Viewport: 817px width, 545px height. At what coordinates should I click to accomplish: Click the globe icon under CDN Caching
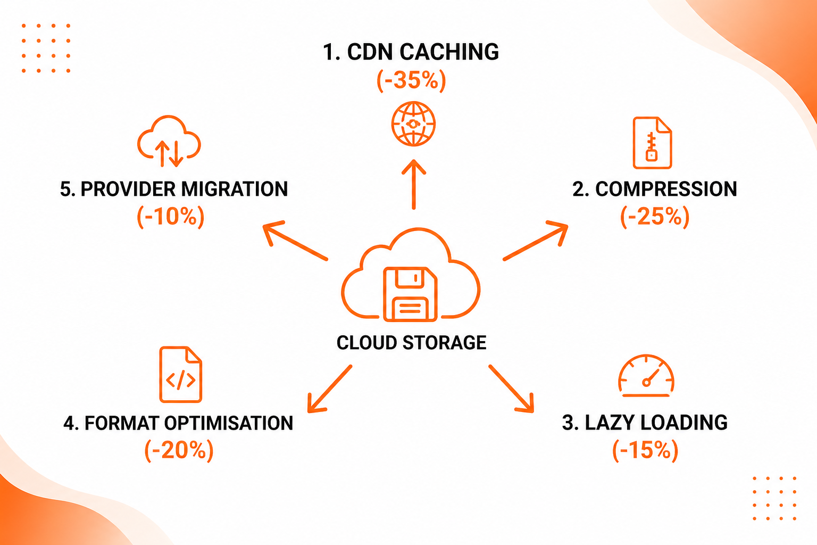(x=413, y=124)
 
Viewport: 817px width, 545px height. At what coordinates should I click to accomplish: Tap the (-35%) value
(x=411, y=80)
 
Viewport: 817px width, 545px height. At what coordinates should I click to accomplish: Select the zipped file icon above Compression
(x=652, y=143)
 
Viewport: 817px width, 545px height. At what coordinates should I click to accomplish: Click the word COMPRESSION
(x=666, y=189)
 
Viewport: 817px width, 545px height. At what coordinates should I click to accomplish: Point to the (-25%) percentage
(x=655, y=217)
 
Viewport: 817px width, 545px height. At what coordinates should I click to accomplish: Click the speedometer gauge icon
(x=646, y=376)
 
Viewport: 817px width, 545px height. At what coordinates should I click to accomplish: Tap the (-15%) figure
(x=645, y=450)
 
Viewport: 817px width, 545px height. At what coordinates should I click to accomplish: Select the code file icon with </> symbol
(x=180, y=375)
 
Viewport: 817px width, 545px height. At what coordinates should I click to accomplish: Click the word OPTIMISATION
(x=229, y=423)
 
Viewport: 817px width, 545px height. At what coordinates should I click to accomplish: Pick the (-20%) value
(x=179, y=450)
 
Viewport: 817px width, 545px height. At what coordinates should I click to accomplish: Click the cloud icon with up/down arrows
(x=169, y=141)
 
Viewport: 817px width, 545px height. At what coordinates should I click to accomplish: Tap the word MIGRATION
(x=235, y=189)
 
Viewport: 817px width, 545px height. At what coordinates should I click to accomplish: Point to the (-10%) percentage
(x=171, y=217)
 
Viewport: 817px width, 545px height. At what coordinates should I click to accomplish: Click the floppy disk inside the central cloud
(x=410, y=294)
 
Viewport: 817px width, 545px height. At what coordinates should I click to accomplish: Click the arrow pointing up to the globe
(x=414, y=184)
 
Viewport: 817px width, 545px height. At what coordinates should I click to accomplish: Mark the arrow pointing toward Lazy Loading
(x=511, y=389)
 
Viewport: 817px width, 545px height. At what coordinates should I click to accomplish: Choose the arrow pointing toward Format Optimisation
(x=330, y=389)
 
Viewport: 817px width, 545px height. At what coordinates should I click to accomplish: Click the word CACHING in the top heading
(x=449, y=52)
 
